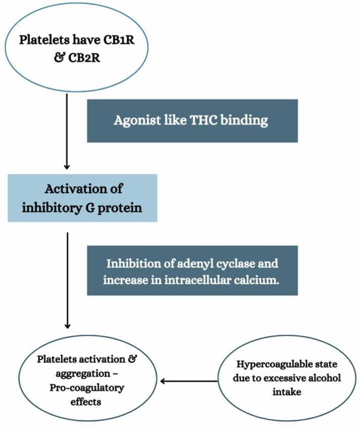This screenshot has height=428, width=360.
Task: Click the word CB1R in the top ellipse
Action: tap(118, 40)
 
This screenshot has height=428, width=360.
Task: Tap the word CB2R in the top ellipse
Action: tap(84, 58)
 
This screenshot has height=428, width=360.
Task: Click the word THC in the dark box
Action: tap(203, 120)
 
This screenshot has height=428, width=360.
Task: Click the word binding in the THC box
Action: tap(244, 120)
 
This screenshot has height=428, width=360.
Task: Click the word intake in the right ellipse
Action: tap(287, 392)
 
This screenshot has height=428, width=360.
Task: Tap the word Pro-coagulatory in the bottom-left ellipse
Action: tap(87, 388)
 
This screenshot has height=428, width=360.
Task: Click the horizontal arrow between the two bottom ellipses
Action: tap(189, 381)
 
